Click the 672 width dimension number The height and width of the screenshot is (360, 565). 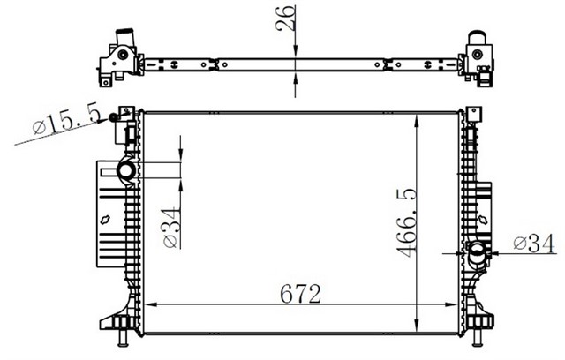click(300, 294)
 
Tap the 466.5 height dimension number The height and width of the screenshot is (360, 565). click(407, 222)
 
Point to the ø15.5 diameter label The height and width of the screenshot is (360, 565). click(66, 118)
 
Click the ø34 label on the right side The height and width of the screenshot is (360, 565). click(534, 244)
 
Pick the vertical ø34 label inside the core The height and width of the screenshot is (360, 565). click(170, 228)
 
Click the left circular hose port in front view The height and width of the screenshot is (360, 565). click(125, 170)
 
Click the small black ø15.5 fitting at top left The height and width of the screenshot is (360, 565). click(113, 117)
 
